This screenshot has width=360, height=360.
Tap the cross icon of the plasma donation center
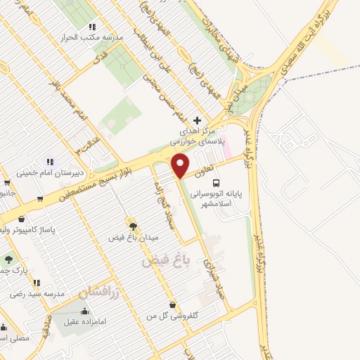[196, 120]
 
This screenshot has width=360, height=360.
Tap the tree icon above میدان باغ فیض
[132, 226]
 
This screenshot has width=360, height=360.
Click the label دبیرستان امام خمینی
[44, 172]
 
